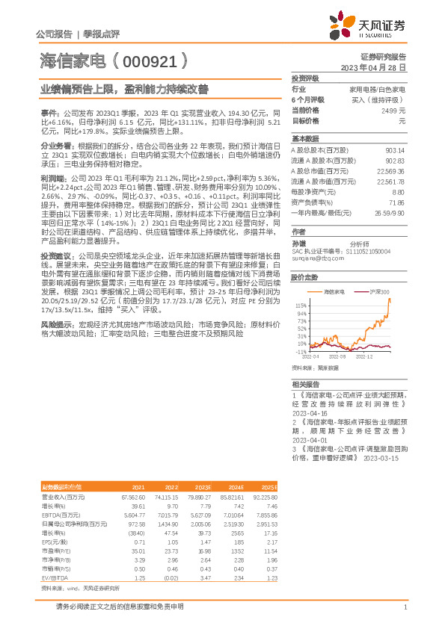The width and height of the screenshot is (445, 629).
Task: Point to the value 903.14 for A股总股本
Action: click(396, 150)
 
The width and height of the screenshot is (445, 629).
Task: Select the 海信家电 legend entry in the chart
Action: click(334, 290)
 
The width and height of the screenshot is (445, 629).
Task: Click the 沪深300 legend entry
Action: click(378, 290)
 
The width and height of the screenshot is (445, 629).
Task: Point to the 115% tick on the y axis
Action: click(301, 306)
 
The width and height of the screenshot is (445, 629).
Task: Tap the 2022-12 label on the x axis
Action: click(364, 358)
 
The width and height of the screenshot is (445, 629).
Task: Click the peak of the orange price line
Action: click(389, 300)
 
